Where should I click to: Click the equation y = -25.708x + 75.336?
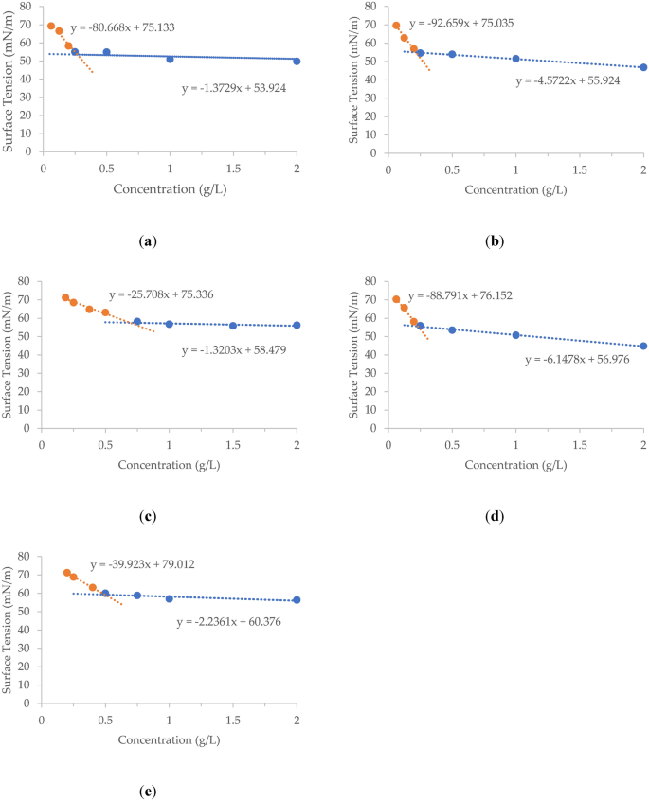click(x=161, y=295)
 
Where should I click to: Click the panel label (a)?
click(x=147, y=241)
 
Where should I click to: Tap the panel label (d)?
click(x=494, y=517)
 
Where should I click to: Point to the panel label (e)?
click(x=147, y=791)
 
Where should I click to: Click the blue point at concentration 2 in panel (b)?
click(x=643, y=67)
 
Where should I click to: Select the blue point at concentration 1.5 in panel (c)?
click(x=233, y=326)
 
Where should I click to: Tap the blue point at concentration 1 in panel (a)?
click(x=170, y=59)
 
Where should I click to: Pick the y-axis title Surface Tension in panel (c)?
click(x=9, y=354)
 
